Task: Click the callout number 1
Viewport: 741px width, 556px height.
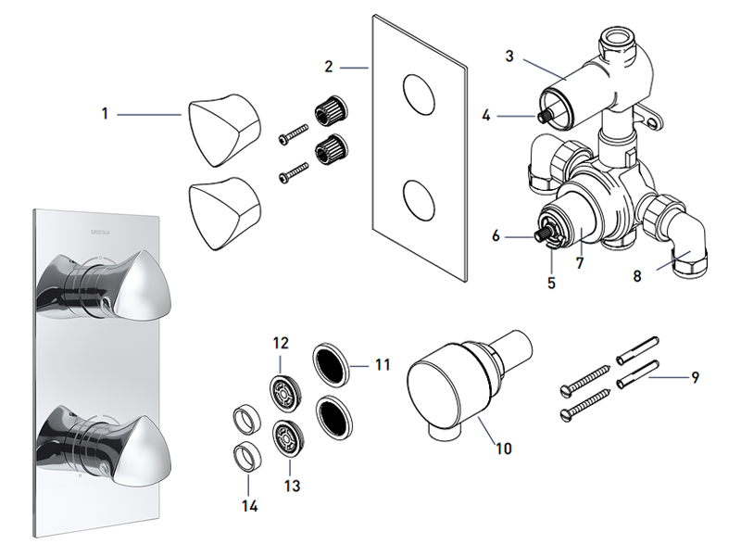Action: [106, 114]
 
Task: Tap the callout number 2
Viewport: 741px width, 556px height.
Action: [329, 67]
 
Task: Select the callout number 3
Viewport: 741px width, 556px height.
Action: [509, 57]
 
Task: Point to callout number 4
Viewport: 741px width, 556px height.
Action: [485, 116]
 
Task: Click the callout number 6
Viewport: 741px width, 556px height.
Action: [496, 236]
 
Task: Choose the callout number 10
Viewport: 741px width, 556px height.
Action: [503, 449]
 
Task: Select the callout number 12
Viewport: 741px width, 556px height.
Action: [282, 344]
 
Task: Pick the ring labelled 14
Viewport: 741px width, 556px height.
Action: [246, 456]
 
